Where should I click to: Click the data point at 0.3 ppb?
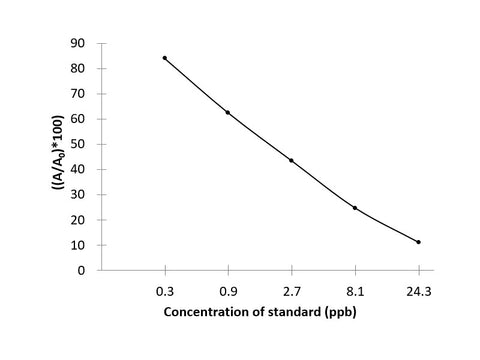click(x=165, y=58)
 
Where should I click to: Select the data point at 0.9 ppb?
click(x=228, y=112)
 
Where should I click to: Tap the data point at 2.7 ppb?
click(x=291, y=160)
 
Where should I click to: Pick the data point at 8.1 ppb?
click(x=355, y=208)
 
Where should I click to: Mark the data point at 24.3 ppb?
click(x=418, y=242)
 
